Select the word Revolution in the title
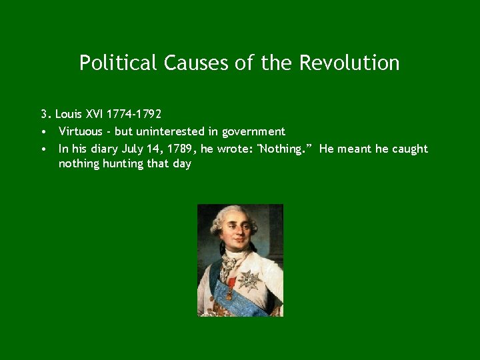(349, 63)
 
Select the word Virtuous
(80, 131)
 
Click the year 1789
(179, 149)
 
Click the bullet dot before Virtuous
(43, 132)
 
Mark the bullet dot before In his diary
(43, 149)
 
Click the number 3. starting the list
(45, 114)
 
